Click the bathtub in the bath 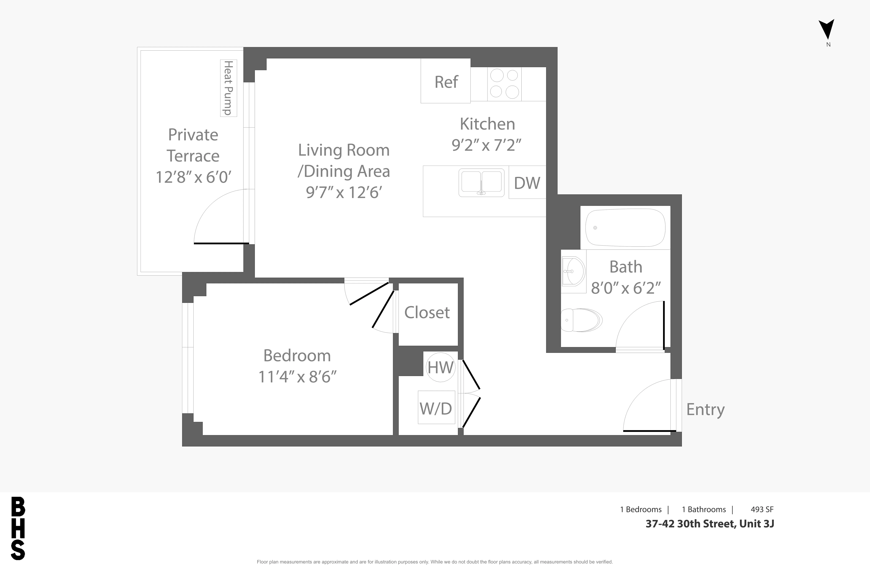tap(625, 228)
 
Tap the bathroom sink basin tap(573, 271)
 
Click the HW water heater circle tap(440, 367)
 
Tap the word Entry tap(705, 410)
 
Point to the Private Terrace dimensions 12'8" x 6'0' tap(193, 177)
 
